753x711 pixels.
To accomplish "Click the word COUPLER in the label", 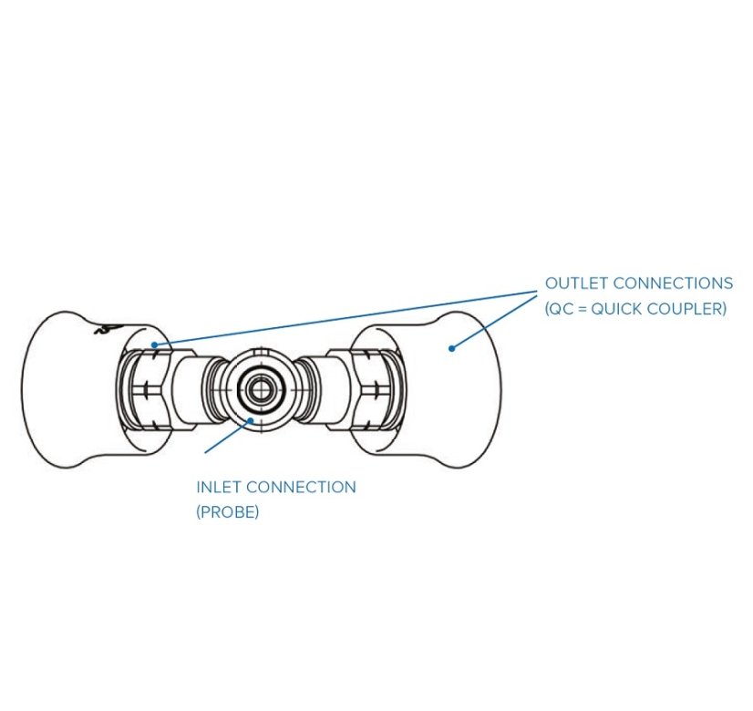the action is [686, 309].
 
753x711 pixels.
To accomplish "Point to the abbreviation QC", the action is [561, 309].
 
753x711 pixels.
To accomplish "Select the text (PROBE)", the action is [228, 512].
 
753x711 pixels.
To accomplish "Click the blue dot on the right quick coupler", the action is [451, 348].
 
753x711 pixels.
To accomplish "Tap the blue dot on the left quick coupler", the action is [154, 345].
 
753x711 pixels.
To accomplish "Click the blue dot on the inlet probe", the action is [250, 420].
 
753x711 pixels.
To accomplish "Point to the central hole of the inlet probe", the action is [261, 389].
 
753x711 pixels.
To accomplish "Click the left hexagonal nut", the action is [144, 390].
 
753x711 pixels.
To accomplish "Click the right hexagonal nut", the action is [377, 390].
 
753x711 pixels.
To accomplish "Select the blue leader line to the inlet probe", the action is [227, 437].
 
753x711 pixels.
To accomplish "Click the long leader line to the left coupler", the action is [346, 318].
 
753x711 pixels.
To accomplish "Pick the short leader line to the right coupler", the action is [494, 322].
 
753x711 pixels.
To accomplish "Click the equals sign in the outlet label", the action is [582, 309].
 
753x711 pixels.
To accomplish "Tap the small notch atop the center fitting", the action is [260, 352].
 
